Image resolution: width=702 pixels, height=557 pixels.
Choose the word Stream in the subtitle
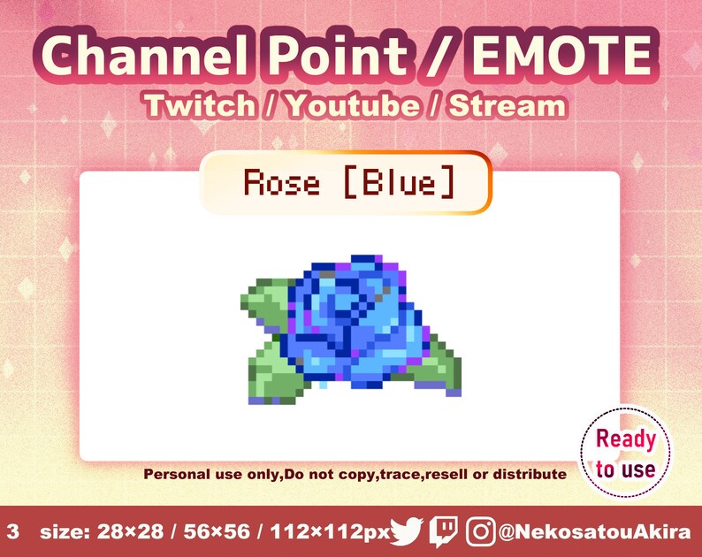506,106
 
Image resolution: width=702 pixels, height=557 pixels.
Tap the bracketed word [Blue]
399,183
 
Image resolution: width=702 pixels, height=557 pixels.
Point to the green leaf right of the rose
438,368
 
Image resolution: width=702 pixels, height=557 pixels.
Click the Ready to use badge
625,453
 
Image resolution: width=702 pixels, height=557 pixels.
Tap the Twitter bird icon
406,531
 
